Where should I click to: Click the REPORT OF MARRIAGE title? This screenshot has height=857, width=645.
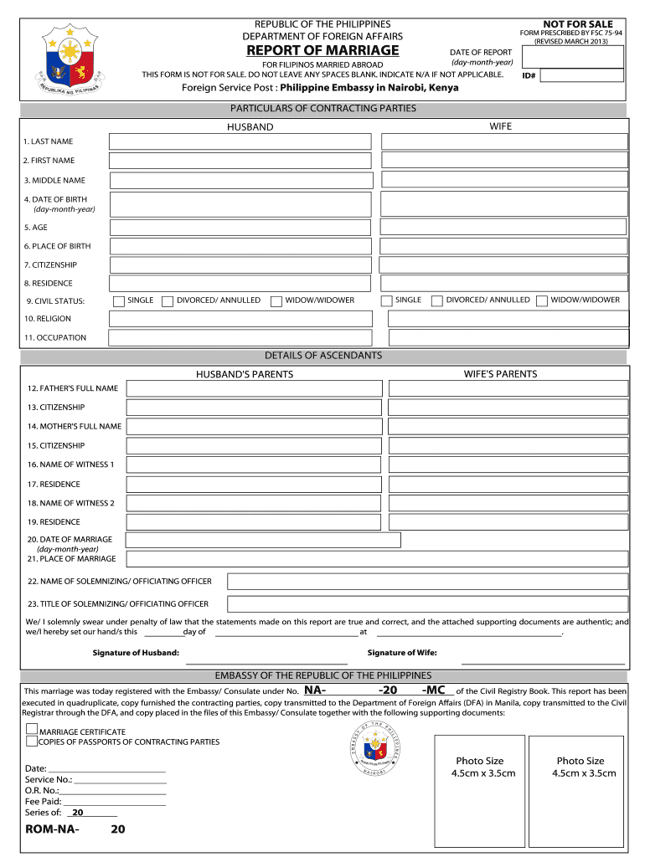pyautogui.click(x=322, y=50)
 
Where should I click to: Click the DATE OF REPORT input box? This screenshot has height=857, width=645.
pyautogui.click(x=573, y=56)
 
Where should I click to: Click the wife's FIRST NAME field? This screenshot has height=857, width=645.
pyautogui.click(x=503, y=160)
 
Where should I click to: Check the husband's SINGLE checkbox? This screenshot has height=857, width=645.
pyautogui.click(x=120, y=300)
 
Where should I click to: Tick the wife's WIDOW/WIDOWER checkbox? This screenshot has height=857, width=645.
pyautogui.click(x=542, y=300)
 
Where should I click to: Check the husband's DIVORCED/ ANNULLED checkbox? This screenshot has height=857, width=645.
pyautogui.click(x=168, y=300)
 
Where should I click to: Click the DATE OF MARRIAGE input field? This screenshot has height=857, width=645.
pyautogui.click(x=263, y=540)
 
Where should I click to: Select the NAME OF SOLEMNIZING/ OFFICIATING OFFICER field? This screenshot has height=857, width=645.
pyautogui.click(x=427, y=582)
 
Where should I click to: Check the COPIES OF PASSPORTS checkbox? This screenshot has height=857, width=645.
pyautogui.click(x=31, y=741)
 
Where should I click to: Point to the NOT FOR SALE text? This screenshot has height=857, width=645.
pyautogui.click(x=577, y=24)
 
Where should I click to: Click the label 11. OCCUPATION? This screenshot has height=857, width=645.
pyautogui.click(x=55, y=337)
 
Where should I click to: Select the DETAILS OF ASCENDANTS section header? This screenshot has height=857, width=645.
pyautogui.click(x=323, y=356)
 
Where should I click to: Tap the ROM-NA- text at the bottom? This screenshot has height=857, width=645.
pyautogui.click(x=53, y=829)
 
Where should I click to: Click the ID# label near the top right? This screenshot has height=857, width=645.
pyautogui.click(x=529, y=76)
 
